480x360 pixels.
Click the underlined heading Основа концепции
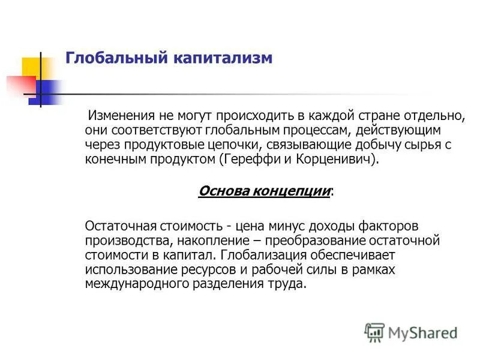265,191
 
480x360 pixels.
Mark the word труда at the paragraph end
289,284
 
